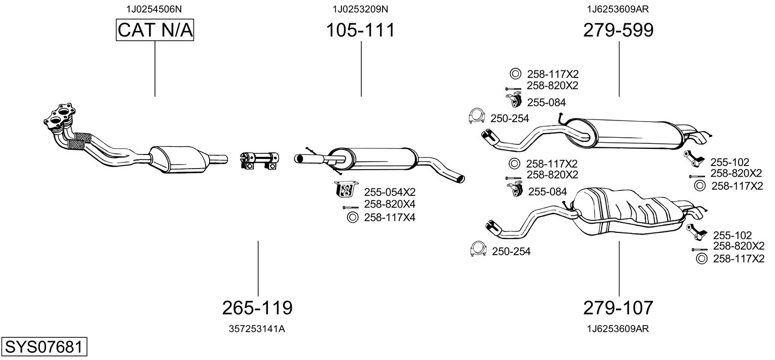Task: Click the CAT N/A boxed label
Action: [x=155, y=31]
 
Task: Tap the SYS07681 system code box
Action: [x=43, y=347]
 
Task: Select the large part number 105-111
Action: [x=360, y=31]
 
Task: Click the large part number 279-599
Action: [x=618, y=31]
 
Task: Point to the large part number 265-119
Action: [x=257, y=307]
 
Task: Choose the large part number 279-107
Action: [x=618, y=307]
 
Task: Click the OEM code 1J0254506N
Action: [x=154, y=9]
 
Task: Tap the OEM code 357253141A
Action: [x=257, y=329]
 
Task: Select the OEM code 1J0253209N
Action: [x=360, y=9]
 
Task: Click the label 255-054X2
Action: [x=390, y=192]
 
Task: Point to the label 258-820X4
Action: [x=390, y=205]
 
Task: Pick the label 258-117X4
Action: [x=390, y=218]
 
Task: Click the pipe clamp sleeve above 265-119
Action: [x=258, y=159]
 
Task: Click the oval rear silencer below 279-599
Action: [x=628, y=134]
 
